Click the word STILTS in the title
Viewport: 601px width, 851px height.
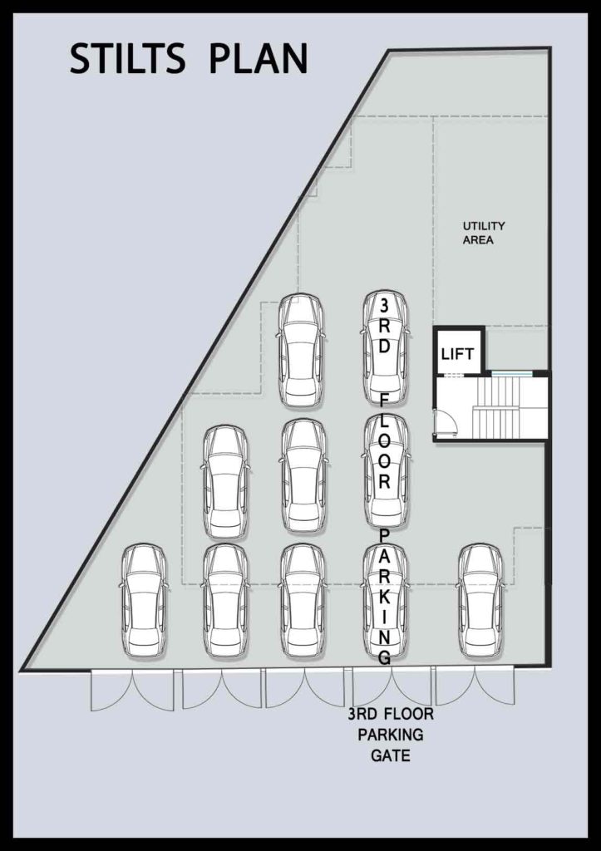click(x=127, y=59)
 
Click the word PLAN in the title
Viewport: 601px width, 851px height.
click(x=259, y=59)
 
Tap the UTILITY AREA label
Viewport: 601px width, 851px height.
click(x=483, y=233)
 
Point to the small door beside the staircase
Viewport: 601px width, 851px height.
click(x=446, y=422)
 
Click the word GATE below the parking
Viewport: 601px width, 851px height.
click(x=391, y=755)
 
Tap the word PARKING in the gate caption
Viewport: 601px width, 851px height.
click(x=391, y=735)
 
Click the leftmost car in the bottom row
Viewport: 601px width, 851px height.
click(x=143, y=601)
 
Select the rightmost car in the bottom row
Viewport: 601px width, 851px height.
click(x=481, y=601)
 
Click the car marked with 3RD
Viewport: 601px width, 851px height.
click(x=384, y=349)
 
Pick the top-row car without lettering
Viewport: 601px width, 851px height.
click(x=301, y=351)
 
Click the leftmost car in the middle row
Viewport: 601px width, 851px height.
click(x=226, y=483)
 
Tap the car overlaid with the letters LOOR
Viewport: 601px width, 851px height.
click(x=384, y=471)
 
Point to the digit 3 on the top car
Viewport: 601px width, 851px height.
click(x=384, y=306)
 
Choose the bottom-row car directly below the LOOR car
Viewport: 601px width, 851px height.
click(x=384, y=601)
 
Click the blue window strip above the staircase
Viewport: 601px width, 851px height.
click(x=510, y=373)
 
